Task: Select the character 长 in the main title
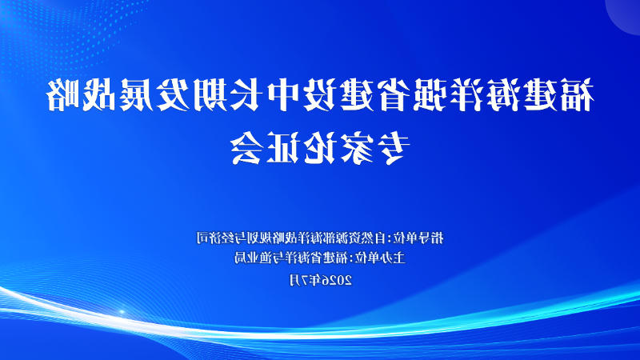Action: pos(246,95)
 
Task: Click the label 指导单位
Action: pos(420,237)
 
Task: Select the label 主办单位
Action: pos(382,258)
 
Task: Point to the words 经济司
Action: pos(214,237)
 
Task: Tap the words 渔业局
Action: pos(252,258)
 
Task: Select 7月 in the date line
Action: pos(298,280)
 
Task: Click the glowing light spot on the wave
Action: pos(122,312)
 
